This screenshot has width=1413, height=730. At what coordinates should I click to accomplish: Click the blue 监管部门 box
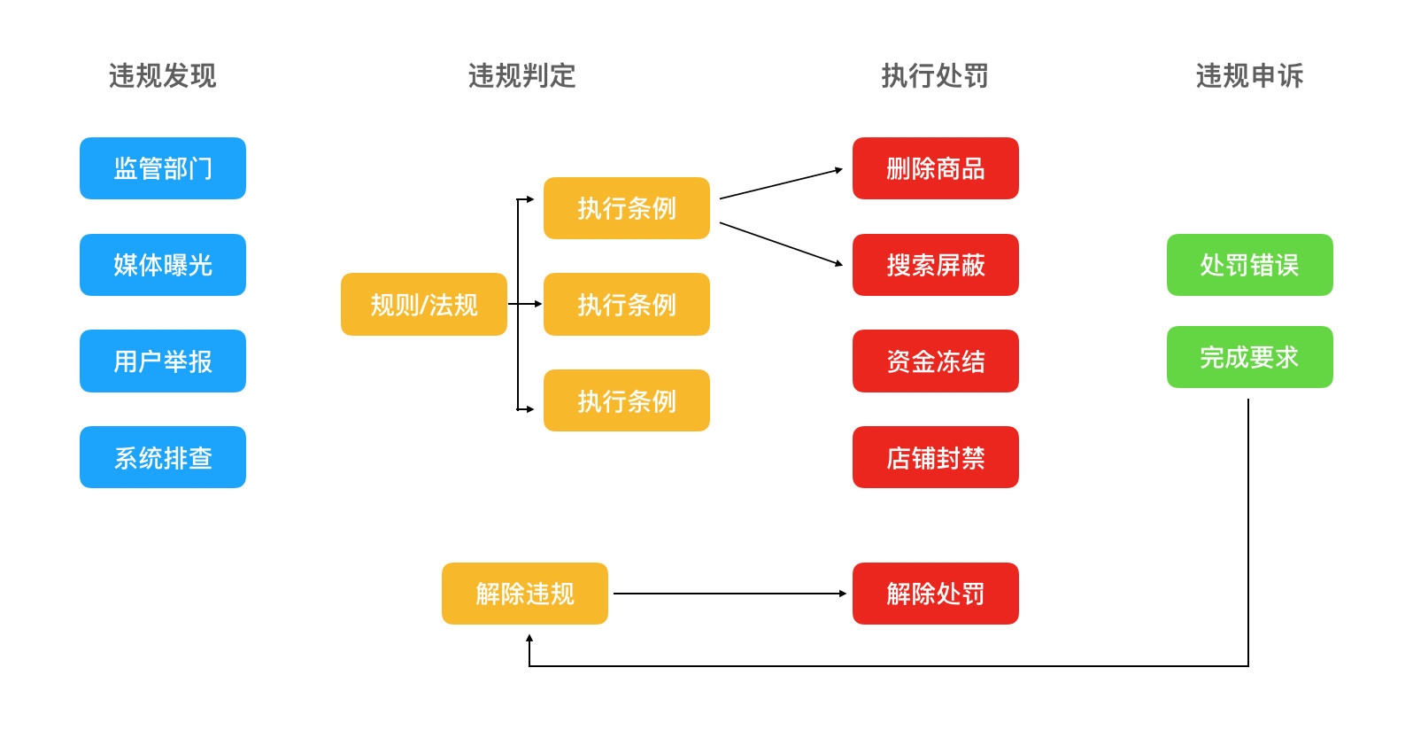click(163, 168)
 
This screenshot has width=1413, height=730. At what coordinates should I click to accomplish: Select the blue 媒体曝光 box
click(163, 265)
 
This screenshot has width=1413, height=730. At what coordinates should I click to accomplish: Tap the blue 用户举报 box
click(163, 361)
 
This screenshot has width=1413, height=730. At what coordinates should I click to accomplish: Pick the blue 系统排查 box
click(163, 457)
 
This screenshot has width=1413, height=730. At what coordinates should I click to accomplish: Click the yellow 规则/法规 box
click(423, 304)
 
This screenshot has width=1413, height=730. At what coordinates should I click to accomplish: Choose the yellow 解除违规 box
click(524, 594)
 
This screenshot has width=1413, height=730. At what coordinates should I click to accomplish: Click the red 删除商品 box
click(935, 168)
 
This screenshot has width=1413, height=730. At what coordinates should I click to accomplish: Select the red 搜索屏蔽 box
click(935, 265)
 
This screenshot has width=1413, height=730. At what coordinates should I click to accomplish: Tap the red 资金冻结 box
click(935, 361)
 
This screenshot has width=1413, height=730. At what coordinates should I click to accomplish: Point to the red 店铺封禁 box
click(935, 457)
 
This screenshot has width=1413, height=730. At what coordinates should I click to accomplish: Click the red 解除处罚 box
click(935, 594)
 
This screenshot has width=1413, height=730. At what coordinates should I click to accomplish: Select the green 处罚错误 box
click(1249, 265)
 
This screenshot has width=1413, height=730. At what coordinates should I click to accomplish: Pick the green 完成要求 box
click(1249, 357)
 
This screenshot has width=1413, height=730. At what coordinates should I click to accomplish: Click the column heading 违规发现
click(163, 76)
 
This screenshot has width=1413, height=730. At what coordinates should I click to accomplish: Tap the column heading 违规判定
click(522, 76)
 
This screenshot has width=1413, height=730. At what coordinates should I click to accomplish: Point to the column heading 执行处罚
click(935, 76)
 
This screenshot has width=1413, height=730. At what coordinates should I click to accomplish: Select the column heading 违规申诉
click(1249, 76)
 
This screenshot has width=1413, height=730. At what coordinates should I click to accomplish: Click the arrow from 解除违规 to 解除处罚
click(730, 594)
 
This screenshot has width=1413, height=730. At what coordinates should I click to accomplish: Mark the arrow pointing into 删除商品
click(781, 183)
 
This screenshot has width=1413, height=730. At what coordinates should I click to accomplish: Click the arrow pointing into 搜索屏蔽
click(781, 244)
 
